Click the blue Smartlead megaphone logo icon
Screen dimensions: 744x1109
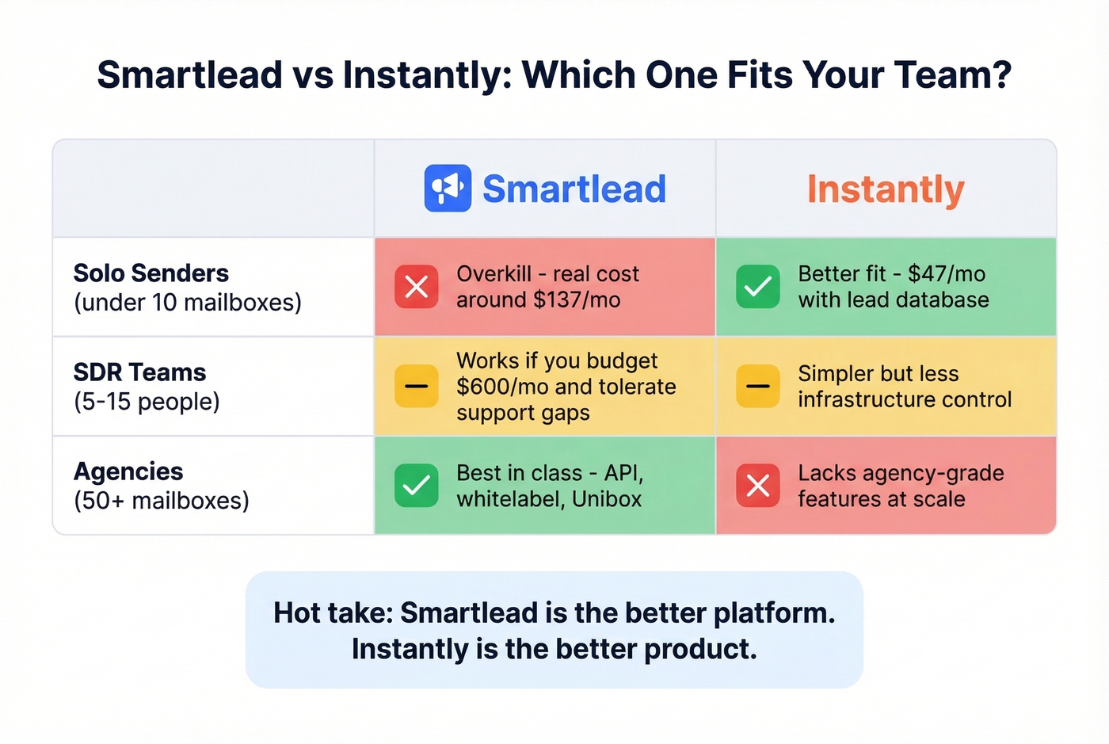click(448, 189)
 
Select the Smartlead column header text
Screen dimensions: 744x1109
click(574, 189)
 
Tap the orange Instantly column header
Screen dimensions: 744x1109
click(886, 189)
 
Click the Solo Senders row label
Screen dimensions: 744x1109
click(151, 273)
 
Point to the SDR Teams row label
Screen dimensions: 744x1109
click(139, 372)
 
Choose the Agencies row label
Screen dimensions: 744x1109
click(128, 471)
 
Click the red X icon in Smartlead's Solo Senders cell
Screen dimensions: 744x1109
click(417, 287)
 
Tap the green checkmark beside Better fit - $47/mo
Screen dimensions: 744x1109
click(758, 287)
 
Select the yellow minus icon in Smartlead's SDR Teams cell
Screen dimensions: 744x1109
click(417, 386)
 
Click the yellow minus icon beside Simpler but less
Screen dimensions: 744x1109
click(758, 386)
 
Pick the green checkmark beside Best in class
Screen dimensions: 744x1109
click(417, 486)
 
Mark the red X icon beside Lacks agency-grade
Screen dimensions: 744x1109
click(758, 486)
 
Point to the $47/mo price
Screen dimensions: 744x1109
click(947, 274)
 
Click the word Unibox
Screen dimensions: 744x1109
click(607, 499)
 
